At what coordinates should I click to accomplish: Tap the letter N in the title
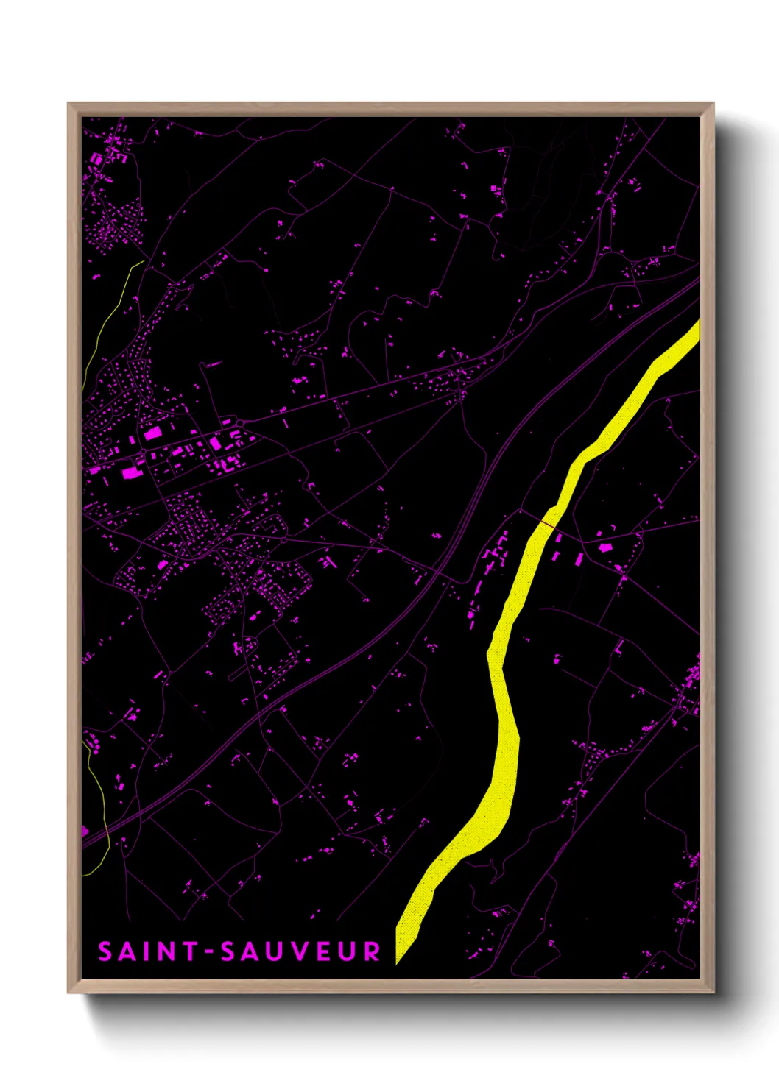[x=169, y=951]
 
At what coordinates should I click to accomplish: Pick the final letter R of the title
[x=372, y=951]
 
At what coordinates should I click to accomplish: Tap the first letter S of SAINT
[x=105, y=951]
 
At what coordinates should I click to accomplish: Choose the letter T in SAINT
[x=191, y=951]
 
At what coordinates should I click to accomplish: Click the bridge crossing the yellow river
[x=546, y=522]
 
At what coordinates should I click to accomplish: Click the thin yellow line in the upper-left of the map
[x=110, y=316]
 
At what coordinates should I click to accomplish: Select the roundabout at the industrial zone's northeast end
[x=241, y=422]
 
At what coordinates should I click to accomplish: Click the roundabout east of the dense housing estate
[x=284, y=541]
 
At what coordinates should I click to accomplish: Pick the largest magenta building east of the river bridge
[x=605, y=547]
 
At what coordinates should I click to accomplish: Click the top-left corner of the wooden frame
[x=68, y=104]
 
